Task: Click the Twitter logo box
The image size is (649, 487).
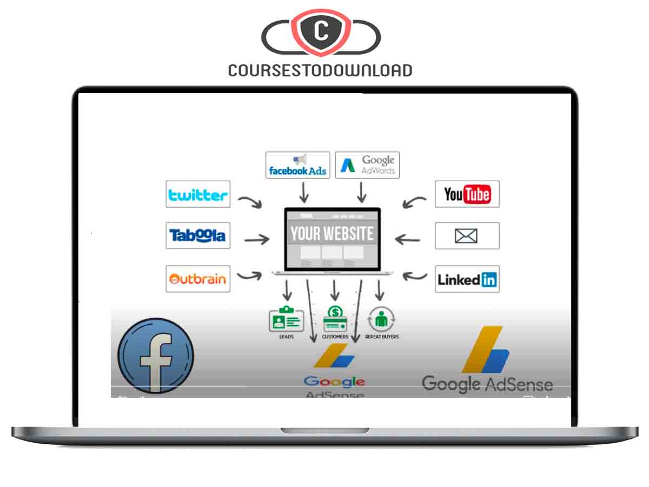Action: coord(198,194)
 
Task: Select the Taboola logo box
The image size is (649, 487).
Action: coord(198,235)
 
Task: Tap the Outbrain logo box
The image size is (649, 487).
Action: coord(198,279)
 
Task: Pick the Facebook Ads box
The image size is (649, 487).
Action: coord(297,165)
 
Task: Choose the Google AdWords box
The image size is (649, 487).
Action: coord(367,165)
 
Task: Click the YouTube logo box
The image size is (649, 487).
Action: coord(467,194)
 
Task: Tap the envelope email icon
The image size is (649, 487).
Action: coord(467,236)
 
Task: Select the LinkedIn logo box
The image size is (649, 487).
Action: coord(467,279)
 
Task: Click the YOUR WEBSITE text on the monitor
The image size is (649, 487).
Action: coord(332,233)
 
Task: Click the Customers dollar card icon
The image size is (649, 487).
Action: coord(335,319)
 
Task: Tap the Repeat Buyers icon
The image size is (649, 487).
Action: coord(382,319)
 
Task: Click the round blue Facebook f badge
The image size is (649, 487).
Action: coord(155,356)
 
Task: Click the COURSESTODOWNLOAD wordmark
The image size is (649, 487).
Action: coord(320,70)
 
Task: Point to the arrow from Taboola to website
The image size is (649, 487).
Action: coord(256,239)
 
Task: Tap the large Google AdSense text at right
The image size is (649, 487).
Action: coord(487,384)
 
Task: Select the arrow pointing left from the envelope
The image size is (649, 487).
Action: coord(407,239)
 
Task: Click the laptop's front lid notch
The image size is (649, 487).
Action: coord(325,430)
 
